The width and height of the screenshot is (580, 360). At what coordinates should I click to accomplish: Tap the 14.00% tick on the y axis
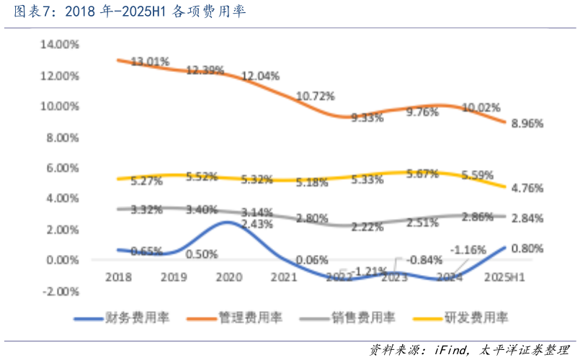[61, 45]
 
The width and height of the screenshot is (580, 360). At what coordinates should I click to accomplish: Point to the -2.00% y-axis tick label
[61, 292]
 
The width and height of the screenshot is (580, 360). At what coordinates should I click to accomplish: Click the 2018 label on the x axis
[117, 276]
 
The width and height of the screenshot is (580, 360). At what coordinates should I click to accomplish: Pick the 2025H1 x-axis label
[505, 276]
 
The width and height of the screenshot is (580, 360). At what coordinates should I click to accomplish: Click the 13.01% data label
[148, 62]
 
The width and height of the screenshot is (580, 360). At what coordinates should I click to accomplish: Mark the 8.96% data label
[527, 123]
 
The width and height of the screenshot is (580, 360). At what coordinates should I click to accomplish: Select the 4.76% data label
[527, 189]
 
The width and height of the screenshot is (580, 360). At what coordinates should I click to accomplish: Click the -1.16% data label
[467, 250]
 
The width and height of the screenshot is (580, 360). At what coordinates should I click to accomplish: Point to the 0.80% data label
[527, 248]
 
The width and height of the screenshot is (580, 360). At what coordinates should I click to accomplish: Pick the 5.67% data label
[423, 174]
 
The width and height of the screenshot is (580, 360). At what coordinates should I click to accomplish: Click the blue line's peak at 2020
[228, 222]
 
